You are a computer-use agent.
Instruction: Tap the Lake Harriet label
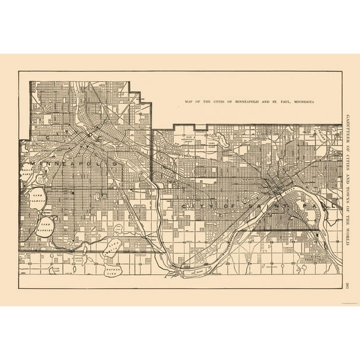pos(45,224)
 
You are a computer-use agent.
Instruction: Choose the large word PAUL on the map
pos(306,205)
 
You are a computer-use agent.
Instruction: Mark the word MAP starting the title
pos(189,101)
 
